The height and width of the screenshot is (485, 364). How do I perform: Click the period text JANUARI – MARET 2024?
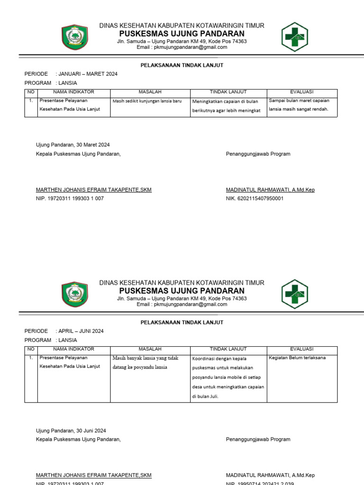tap(88, 74)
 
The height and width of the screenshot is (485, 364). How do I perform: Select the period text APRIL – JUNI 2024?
tap(81, 331)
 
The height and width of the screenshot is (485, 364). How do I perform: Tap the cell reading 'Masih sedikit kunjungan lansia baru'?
tap(147, 101)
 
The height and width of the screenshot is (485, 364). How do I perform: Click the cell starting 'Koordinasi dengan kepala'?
tap(228, 377)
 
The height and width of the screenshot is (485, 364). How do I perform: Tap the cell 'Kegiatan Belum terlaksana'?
tap(297, 358)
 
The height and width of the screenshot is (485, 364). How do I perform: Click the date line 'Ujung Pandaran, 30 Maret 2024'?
tap(73, 145)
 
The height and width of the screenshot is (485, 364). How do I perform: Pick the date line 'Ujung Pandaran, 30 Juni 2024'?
tap(71, 431)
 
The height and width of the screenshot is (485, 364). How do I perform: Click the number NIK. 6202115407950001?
tap(255, 198)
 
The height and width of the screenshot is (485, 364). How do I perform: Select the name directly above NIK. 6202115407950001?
tap(270, 190)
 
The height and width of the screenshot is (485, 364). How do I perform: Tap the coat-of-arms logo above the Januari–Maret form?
tap(74, 36)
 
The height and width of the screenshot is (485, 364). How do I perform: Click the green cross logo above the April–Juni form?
tap(295, 294)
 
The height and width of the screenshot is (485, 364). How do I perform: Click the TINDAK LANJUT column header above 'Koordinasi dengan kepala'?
tap(228, 349)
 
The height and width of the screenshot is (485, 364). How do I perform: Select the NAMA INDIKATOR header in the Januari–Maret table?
tap(73, 92)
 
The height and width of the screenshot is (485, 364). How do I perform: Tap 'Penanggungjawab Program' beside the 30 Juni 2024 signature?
tap(258, 440)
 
